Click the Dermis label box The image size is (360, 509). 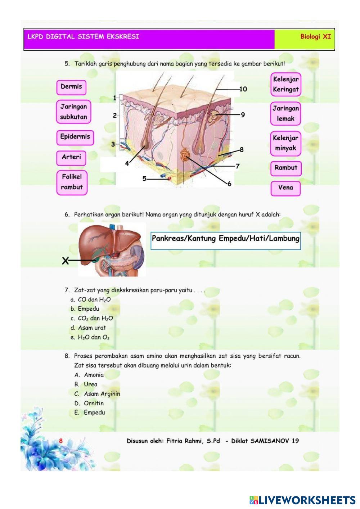point(71,87)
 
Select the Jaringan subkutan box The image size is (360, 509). point(73,112)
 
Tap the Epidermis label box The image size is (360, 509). point(75,137)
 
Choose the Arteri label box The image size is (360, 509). point(71,157)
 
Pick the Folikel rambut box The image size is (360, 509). point(72,182)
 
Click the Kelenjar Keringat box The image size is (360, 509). point(285,85)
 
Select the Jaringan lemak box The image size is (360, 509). point(285,113)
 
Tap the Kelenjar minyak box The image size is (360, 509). point(285,143)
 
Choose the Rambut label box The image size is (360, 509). point(286,168)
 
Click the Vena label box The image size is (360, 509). point(285,188)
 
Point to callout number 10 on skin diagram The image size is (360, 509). point(243,89)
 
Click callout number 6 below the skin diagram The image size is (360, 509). point(229,184)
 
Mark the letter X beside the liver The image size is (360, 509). point(65,261)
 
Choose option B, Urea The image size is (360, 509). point(90,384)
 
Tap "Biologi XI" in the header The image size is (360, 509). point(315,37)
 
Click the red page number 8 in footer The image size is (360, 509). point(61,441)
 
